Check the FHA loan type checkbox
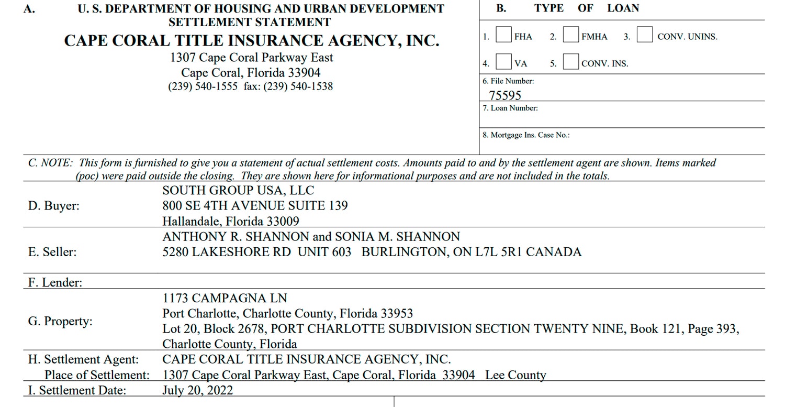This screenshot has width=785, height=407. (503, 35)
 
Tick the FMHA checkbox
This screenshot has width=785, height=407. (571, 35)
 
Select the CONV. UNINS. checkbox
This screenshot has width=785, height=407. (645, 35)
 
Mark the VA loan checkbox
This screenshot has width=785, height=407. (503, 61)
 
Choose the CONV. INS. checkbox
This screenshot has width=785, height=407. (571, 61)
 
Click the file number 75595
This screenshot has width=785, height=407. (504, 95)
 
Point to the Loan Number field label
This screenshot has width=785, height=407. (510, 108)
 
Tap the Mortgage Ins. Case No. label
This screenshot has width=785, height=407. (526, 135)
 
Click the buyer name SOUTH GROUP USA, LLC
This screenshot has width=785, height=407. (238, 191)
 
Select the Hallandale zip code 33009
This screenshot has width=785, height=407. (283, 221)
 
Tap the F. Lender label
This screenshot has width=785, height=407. (55, 282)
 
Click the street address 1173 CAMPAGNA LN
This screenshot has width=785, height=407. (225, 298)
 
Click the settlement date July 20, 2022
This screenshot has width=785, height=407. (198, 390)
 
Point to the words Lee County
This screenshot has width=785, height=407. (515, 375)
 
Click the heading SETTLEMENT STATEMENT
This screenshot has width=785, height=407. (249, 22)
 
